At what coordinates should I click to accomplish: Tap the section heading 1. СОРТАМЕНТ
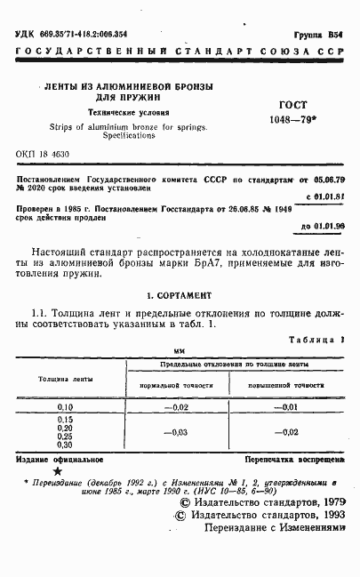(x=179, y=292)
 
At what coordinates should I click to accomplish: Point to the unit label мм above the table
(x=179, y=351)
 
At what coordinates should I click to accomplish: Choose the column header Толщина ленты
(x=64, y=377)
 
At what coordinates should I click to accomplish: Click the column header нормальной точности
(x=178, y=385)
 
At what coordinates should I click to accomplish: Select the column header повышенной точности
(x=285, y=385)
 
